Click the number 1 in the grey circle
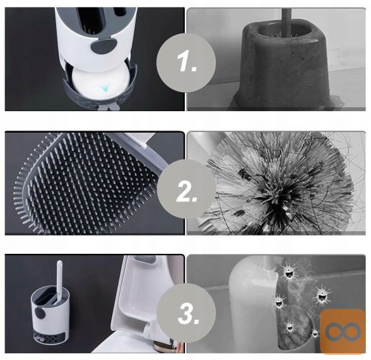coord(187,62)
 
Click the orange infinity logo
coord(343,331)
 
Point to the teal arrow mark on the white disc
coord(104,89)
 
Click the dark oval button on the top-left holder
coord(102,45)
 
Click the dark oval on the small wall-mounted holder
coord(41,313)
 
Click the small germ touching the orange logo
coord(315,333)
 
